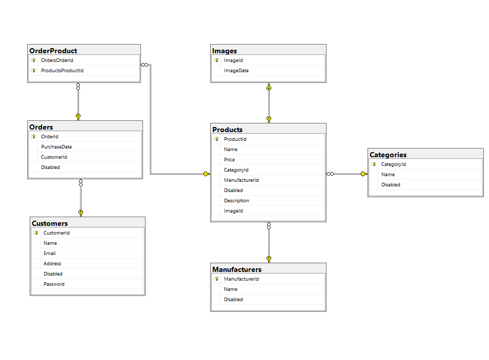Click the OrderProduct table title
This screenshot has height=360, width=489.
(x=53, y=51)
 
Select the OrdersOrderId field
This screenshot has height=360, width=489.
(x=57, y=60)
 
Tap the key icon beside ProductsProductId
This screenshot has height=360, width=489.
(x=34, y=71)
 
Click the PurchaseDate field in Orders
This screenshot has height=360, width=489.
(x=56, y=147)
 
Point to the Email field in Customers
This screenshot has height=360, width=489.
(x=50, y=253)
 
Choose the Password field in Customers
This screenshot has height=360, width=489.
(x=54, y=284)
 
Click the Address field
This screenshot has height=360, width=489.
(x=52, y=264)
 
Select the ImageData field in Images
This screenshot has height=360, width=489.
(x=236, y=71)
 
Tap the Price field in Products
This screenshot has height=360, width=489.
(x=229, y=160)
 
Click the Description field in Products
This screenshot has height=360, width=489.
(x=236, y=201)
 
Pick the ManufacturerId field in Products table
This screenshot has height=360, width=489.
(x=241, y=180)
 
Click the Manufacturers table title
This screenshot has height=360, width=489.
(x=237, y=269)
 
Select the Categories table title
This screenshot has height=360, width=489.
(x=388, y=155)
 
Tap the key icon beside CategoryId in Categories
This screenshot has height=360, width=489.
(x=374, y=164)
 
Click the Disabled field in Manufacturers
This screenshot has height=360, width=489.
(x=233, y=300)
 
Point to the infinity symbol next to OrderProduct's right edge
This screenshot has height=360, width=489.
(x=145, y=65)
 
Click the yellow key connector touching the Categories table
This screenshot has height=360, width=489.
(x=364, y=174)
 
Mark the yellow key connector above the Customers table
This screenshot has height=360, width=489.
(x=81, y=213)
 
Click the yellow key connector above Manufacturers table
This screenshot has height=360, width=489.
(x=269, y=259)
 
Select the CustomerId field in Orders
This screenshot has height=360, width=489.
(x=54, y=157)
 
